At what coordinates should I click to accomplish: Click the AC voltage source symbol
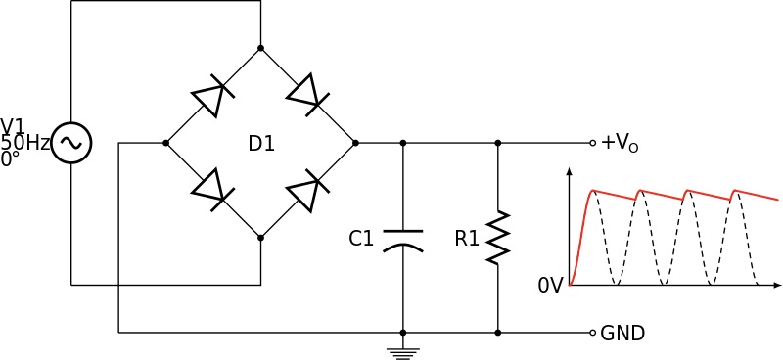click(71, 143)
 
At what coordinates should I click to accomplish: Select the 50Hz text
click(24, 143)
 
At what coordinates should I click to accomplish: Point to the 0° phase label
click(10, 158)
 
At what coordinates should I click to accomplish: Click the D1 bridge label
click(261, 144)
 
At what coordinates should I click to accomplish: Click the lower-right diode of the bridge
click(307, 190)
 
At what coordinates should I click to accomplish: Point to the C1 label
click(361, 238)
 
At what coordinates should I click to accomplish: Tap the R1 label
click(467, 238)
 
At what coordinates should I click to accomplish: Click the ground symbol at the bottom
click(402, 352)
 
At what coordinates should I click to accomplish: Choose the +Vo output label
click(620, 144)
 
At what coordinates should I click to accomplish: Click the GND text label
click(622, 334)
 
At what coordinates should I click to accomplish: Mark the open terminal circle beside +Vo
click(592, 143)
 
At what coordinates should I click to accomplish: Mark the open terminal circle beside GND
click(592, 333)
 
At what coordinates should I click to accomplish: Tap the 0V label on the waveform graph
click(550, 287)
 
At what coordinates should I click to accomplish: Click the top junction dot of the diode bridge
click(260, 48)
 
